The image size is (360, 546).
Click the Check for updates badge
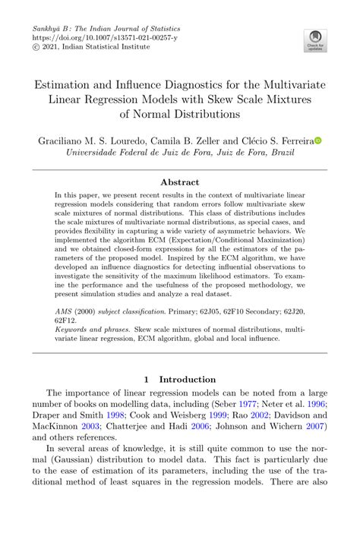(x=314, y=41)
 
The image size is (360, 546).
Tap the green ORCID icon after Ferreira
(x=319, y=140)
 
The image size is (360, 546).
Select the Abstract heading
(x=180, y=182)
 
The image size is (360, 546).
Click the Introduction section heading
(x=179, y=380)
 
